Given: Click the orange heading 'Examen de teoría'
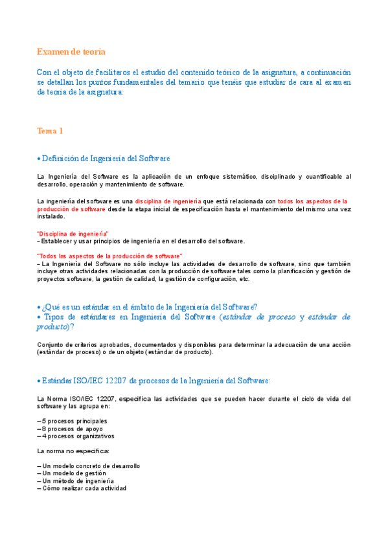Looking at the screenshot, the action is point(71,52).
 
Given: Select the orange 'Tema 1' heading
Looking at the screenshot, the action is point(50,131).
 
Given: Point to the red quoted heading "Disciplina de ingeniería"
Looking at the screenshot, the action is point(73,233).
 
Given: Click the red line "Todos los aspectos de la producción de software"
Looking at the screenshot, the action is point(110,256).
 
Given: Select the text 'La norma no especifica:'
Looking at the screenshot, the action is point(73,451).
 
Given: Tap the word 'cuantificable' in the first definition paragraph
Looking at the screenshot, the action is point(319,177).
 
